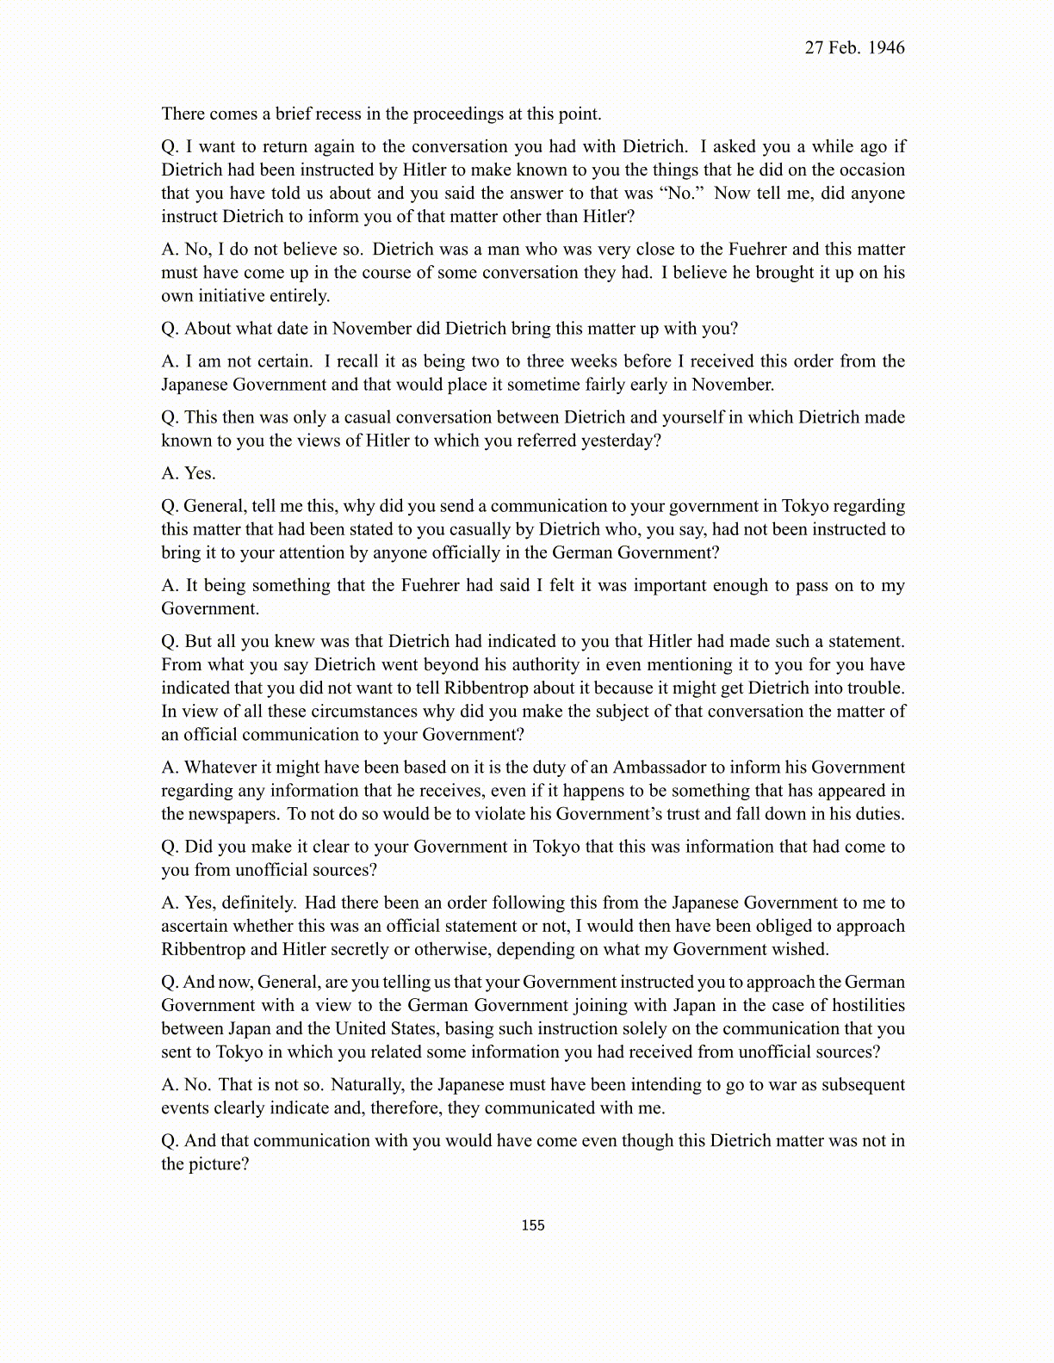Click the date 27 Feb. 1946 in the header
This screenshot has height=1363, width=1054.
tap(854, 48)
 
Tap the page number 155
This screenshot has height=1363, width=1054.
tap(533, 1225)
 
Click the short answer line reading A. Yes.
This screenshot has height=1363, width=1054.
tap(189, 473)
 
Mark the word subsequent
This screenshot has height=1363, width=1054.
tap(863, 1084)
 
